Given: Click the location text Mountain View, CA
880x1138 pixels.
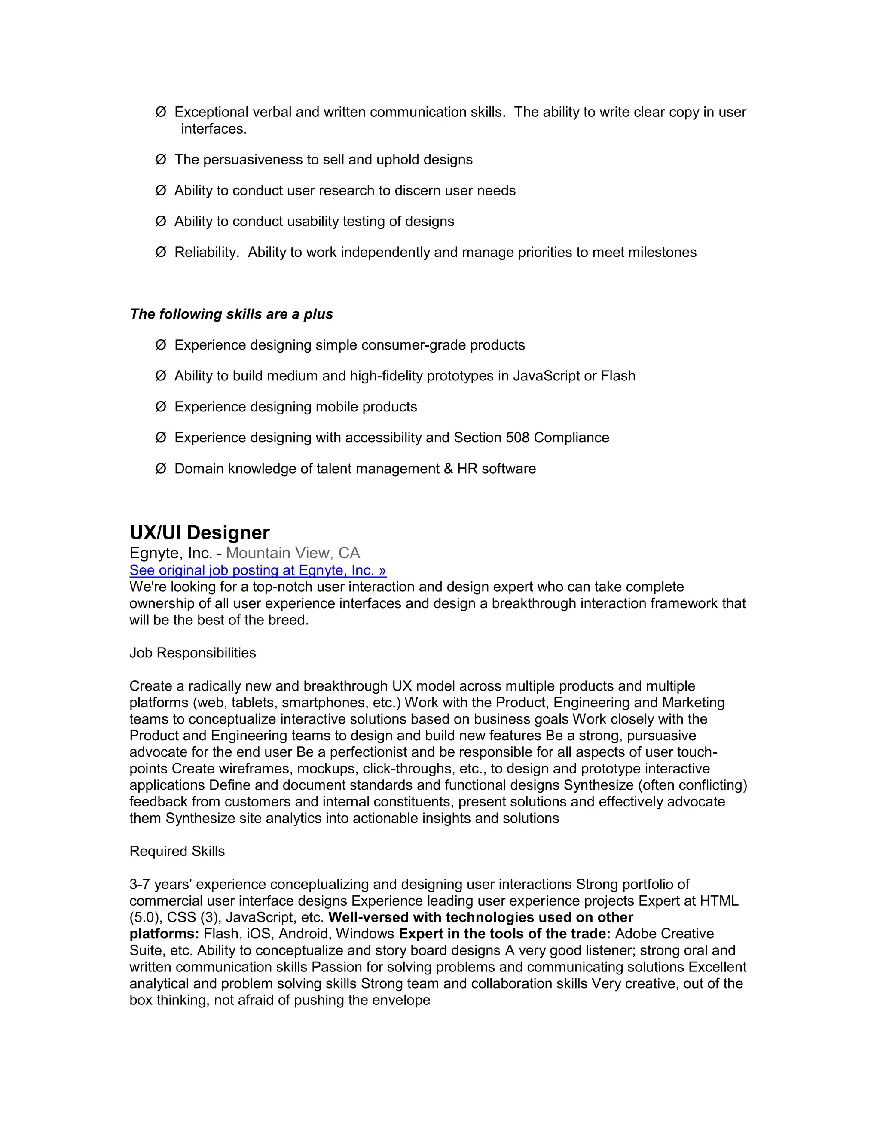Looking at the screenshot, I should [x=293, y=553].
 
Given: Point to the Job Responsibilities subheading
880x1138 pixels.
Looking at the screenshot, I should [x=192, y=653].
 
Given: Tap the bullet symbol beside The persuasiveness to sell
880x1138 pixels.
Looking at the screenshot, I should [x=161, y=159].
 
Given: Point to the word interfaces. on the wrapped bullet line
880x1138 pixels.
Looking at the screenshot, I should [x=214, y=129].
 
